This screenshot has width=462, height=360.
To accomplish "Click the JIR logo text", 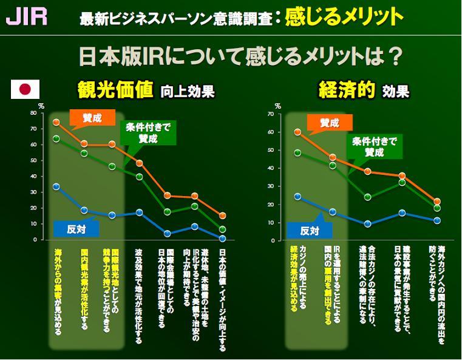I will tap(26, 15).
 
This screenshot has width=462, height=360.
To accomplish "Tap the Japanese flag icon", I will tap(25, 89).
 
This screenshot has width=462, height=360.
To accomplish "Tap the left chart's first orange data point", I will tap(56, 122).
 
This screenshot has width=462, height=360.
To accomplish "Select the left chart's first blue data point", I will tap(56, 186).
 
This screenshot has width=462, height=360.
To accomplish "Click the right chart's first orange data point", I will tap(297, 132).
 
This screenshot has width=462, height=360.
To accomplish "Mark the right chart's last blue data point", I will tap(436, 220).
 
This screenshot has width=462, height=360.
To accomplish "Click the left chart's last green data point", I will tap(223, 229).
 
